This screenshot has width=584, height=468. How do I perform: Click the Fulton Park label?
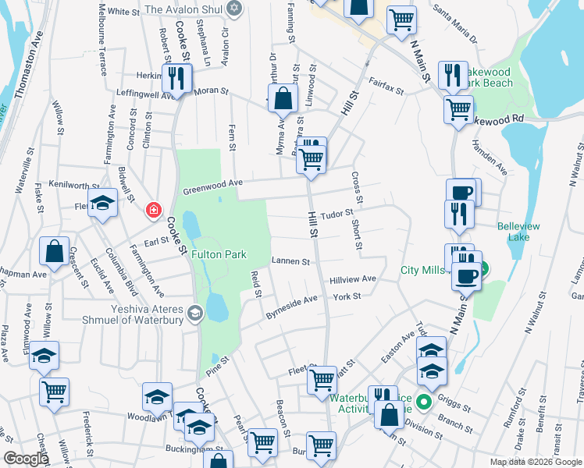coord(219,254)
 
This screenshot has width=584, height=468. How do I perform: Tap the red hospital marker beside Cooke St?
coord(154,210)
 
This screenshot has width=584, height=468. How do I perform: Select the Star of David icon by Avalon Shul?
coord(233,9)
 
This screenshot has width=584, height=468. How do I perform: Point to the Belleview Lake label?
coord(519,232)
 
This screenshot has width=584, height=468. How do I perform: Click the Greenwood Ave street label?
coord(213,187)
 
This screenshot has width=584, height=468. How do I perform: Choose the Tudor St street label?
coord(339,212)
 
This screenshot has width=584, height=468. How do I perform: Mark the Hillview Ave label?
coord(353,278)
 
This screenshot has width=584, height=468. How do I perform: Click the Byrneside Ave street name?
coord(291,308)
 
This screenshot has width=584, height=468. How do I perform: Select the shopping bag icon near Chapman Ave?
coord(54,251)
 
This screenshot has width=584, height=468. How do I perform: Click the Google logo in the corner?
coord(26,459)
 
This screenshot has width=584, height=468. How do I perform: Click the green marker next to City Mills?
coord(482,271)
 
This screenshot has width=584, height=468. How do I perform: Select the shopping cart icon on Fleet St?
coord(322,379)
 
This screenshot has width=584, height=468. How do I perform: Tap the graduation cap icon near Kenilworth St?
coord(101,203)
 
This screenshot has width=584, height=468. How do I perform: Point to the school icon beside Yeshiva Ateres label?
coord(194,314)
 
